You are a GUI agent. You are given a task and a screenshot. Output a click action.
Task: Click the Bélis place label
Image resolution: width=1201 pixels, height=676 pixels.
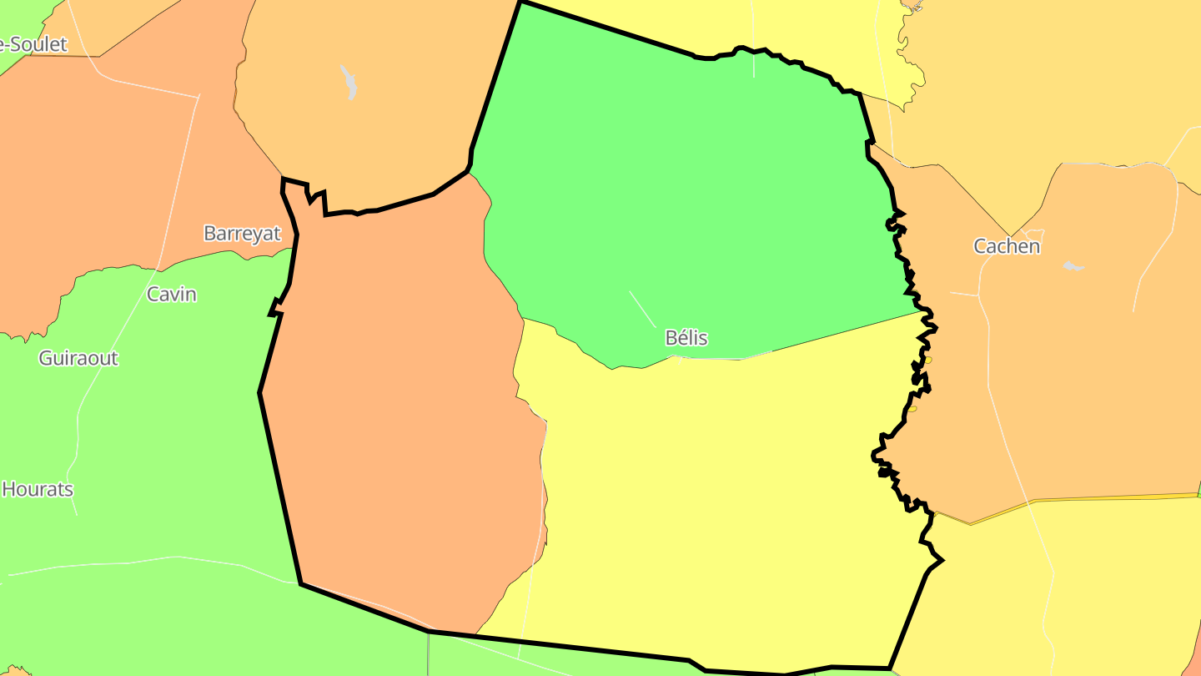tap(686, 338)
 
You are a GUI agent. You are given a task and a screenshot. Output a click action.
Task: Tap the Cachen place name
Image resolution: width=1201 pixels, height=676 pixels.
tap(1007, 246)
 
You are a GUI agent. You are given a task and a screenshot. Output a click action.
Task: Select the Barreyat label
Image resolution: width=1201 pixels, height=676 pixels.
tap(242, 234)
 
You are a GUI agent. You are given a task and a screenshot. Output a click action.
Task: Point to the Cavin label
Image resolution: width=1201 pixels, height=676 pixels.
tap(171, 294)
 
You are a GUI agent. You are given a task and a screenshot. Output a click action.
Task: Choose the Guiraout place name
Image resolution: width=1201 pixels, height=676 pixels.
tap(78, 358)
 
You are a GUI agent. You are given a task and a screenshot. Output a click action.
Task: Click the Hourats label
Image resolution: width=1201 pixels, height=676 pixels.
tap(38, 489)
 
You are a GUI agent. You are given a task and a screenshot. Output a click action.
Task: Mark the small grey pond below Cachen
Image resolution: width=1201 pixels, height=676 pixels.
tap(1073, 266)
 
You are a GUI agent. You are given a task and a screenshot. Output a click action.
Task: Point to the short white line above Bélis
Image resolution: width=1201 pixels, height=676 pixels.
tap(642, 309)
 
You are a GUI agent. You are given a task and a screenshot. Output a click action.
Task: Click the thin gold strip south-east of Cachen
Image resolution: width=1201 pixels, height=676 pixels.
tap(1084, 498)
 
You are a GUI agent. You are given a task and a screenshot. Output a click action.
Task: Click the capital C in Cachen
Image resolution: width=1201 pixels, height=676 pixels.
tap(981, 246)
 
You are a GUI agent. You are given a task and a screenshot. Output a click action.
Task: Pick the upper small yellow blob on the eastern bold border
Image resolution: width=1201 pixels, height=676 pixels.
tap(927, 361)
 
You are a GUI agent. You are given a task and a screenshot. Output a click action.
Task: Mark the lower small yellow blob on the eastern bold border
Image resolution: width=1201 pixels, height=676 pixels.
tap(912, 409)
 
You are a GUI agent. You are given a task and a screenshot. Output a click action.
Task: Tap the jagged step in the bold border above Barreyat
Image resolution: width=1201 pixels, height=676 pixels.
tap(316, 198)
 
